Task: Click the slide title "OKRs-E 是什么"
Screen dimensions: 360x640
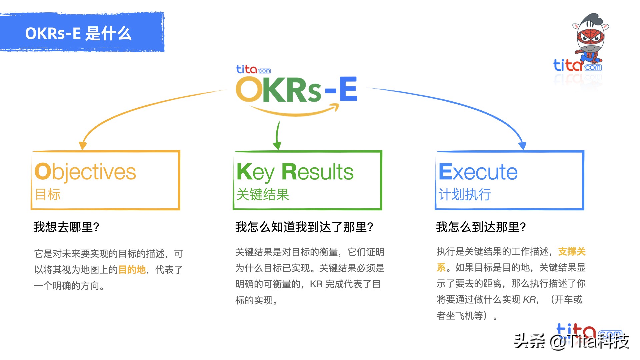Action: (78, 33)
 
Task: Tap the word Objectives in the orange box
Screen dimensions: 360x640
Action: (85, 172)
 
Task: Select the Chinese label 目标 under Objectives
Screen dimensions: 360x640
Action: (48, 194)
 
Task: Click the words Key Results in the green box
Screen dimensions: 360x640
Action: (295, 172)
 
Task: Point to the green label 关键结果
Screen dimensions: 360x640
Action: (262, 194)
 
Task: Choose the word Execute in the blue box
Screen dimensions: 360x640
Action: (478, 172)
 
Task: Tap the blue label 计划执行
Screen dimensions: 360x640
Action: (464, 194)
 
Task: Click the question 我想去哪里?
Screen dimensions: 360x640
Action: (66, 227)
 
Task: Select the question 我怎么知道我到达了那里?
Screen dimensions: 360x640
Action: (304, 227)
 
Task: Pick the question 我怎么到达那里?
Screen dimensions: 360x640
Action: (481, 227)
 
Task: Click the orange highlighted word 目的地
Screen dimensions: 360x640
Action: (132, 269)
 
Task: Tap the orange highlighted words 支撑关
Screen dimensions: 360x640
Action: (572, 251)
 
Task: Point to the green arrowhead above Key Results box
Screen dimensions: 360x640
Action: (277, 146)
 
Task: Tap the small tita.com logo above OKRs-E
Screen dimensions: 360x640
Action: (253, 69)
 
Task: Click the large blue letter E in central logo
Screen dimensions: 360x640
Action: (348, 89)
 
